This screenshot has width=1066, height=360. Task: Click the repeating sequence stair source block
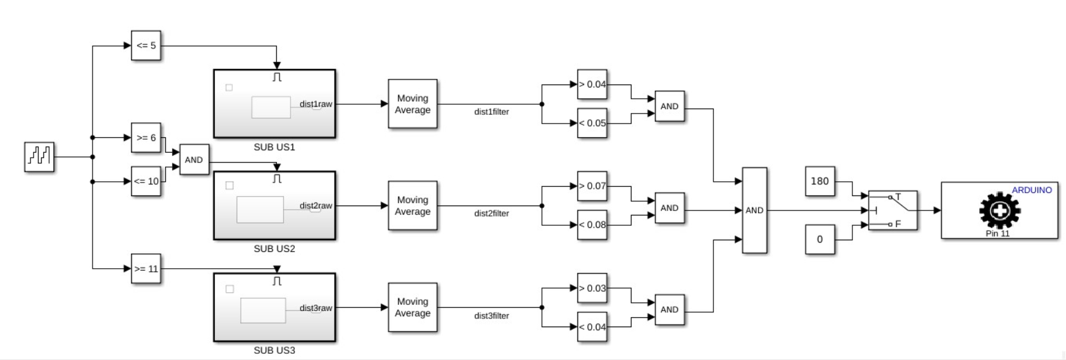[39, 156]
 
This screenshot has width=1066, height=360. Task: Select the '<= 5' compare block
[146, 45]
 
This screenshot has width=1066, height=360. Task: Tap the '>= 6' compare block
[146, 137]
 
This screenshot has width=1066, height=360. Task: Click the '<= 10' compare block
[146, 181]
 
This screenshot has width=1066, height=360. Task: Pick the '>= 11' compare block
[146, 269]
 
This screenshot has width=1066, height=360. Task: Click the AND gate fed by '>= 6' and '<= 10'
[194, 160]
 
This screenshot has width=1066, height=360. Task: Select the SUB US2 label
[274, 249]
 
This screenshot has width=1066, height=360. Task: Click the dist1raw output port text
[315, 104]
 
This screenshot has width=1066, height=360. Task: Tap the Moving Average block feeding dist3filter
[413, 307]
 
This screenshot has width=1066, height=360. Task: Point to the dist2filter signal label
[492, 214]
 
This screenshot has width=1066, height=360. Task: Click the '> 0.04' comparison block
[592, 84]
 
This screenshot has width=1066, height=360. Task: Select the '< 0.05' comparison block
[592, 123]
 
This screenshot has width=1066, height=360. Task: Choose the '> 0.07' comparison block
[592, 186]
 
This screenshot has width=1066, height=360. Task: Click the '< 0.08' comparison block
[592, 225]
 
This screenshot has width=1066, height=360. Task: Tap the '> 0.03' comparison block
[592, 288]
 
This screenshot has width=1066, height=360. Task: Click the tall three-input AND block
[754, 210]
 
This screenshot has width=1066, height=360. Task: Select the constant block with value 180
[820, 181]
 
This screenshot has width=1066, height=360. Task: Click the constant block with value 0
[820, 240]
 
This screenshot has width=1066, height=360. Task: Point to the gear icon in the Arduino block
[1000, 211]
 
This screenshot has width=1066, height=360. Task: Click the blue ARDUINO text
[1032, 190]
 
